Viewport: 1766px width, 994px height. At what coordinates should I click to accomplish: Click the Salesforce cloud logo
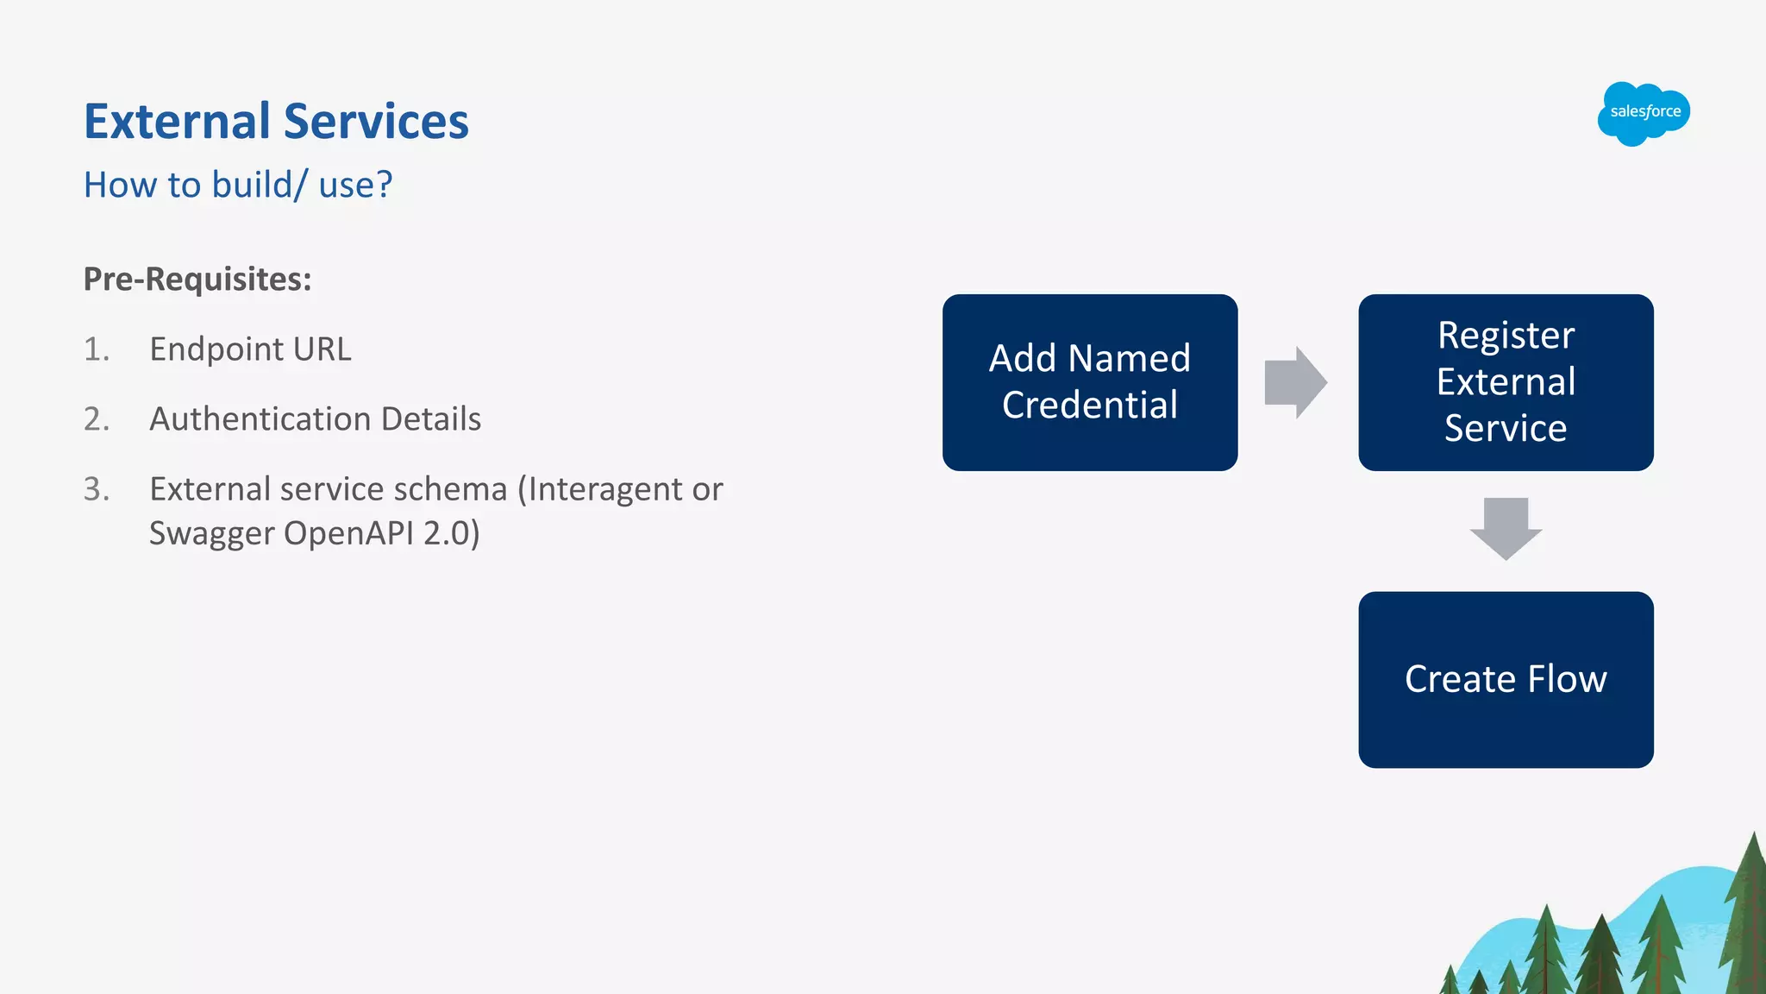(1644, 113)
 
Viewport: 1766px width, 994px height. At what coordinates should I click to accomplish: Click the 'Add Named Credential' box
(1089, 382)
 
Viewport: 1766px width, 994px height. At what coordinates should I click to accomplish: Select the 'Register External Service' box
(1506, 382)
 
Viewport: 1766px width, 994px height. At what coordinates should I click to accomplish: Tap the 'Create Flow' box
(1506, 680)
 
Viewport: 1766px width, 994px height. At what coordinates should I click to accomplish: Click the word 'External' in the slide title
(177, 122)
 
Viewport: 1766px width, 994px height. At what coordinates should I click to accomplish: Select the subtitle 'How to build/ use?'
(238, 185)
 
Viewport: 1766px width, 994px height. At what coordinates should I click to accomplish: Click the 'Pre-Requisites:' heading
(197, 280)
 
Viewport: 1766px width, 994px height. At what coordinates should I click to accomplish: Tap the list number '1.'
(97, 349)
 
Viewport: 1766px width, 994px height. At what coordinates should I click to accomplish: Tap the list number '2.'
(97, 419)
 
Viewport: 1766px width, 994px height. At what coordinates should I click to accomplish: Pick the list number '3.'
(97, 489)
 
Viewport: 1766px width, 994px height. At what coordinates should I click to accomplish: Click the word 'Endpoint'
(216, 349)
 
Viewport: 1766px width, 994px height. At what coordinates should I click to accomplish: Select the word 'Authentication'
(260, 419)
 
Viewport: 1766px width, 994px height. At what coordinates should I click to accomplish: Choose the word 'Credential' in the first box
(1089, 406)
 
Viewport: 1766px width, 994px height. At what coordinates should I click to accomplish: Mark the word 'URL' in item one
(323, 349)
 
